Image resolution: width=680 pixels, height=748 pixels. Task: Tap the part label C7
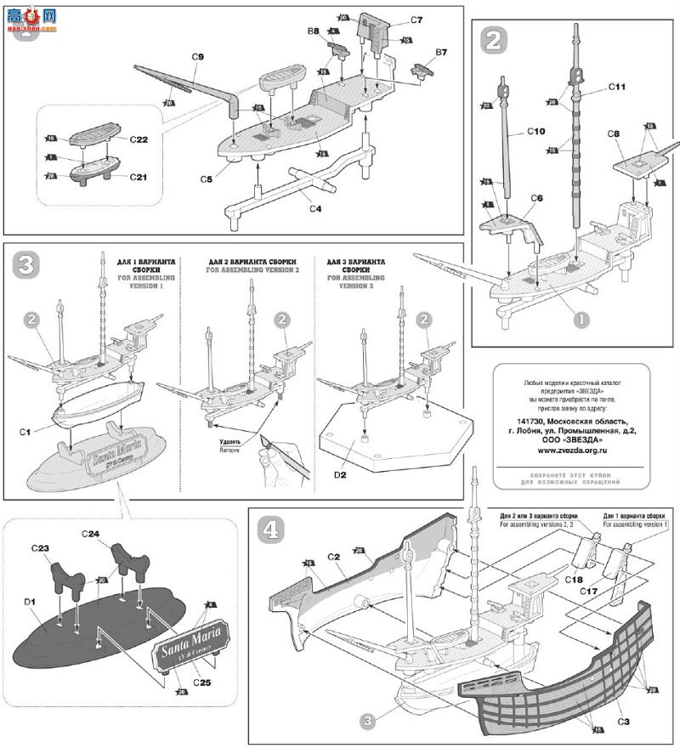(x=416, y=19)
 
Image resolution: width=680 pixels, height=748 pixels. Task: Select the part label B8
(x=314, y=31)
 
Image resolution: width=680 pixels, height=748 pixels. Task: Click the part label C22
(x=140, y=139)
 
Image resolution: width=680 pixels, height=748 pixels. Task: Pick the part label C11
(x=617, y=87)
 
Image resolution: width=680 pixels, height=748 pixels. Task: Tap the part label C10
(x=535, y=132)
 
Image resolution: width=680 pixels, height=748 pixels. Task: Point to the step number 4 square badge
(x=271, y=530)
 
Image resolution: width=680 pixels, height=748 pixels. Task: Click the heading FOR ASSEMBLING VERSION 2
(x=254, y=269)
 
